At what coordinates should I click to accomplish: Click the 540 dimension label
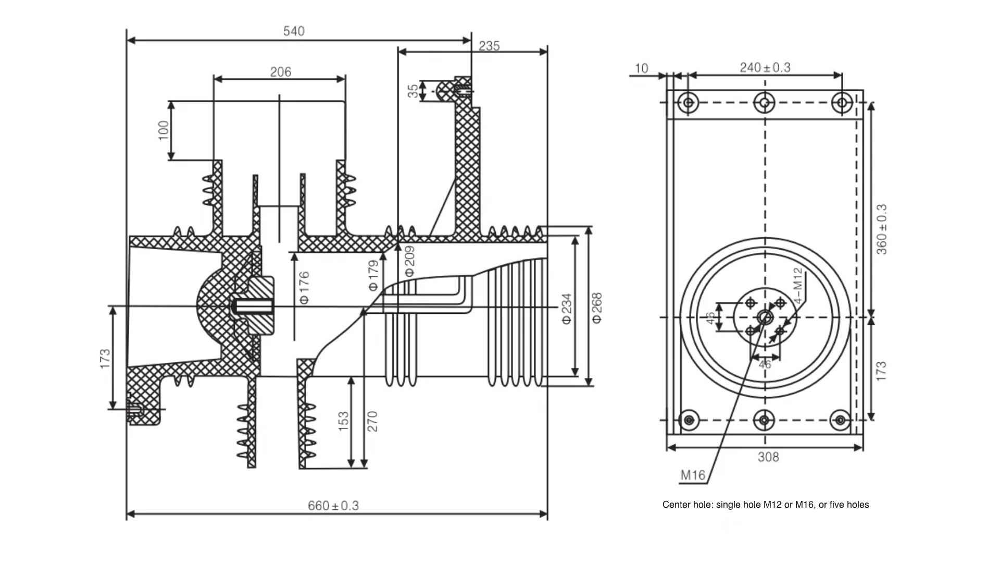294,31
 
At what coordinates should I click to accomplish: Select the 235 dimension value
489,46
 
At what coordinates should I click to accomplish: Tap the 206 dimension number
280,72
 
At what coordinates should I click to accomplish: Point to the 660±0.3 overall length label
333,506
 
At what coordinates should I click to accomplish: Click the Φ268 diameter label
597,308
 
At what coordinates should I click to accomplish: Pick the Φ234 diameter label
567,308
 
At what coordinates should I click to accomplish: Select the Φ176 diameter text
304,287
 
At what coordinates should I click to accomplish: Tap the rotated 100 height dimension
164,130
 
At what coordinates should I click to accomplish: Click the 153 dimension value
344,421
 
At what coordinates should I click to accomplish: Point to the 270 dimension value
372,421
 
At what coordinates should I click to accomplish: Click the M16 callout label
693,475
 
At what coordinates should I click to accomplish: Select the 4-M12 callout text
798,286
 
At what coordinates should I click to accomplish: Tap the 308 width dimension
768,457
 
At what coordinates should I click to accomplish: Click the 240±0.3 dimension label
765,68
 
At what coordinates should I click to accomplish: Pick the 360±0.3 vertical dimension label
881,229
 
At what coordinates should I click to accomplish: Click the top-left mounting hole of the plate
689,103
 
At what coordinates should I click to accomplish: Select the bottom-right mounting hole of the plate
840,420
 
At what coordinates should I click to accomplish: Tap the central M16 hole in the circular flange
765,317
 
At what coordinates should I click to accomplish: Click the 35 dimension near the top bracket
413,91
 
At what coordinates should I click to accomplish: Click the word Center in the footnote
676,505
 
